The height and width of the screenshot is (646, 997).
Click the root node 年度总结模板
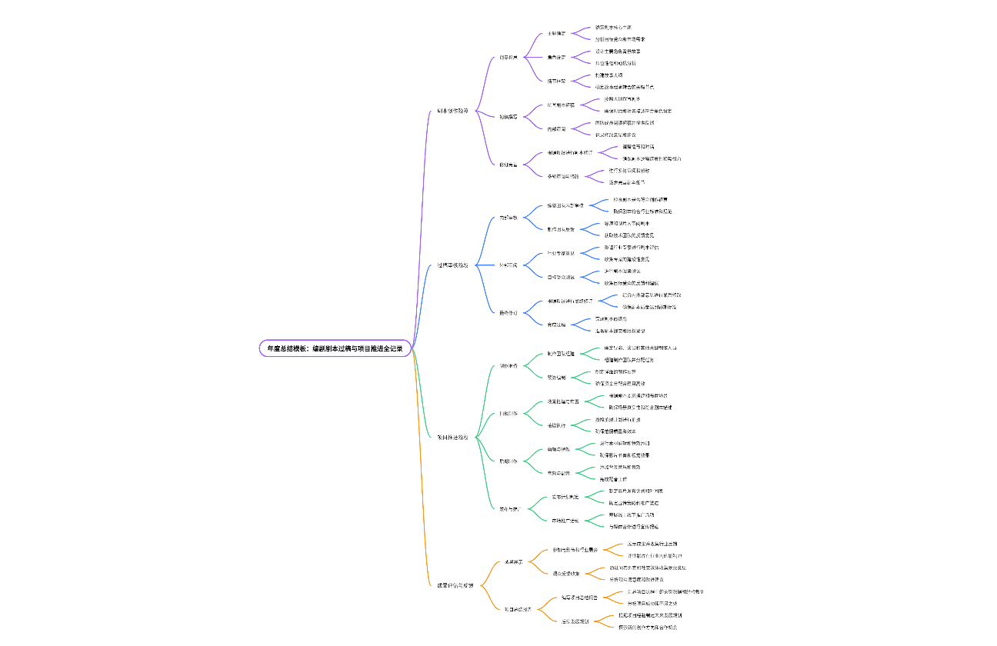(335, 348)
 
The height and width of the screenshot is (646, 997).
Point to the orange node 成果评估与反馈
(455, 585)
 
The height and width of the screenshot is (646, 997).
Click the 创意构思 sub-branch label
(509, 57)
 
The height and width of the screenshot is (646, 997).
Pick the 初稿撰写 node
(509, 117)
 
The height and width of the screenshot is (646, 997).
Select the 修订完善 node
(509, 164)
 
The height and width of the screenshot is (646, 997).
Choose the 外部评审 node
(509, 265)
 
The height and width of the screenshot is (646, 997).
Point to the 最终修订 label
(509, 313)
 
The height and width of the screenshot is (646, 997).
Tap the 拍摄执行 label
(556, 425)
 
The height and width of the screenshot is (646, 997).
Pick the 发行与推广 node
(510, 508)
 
